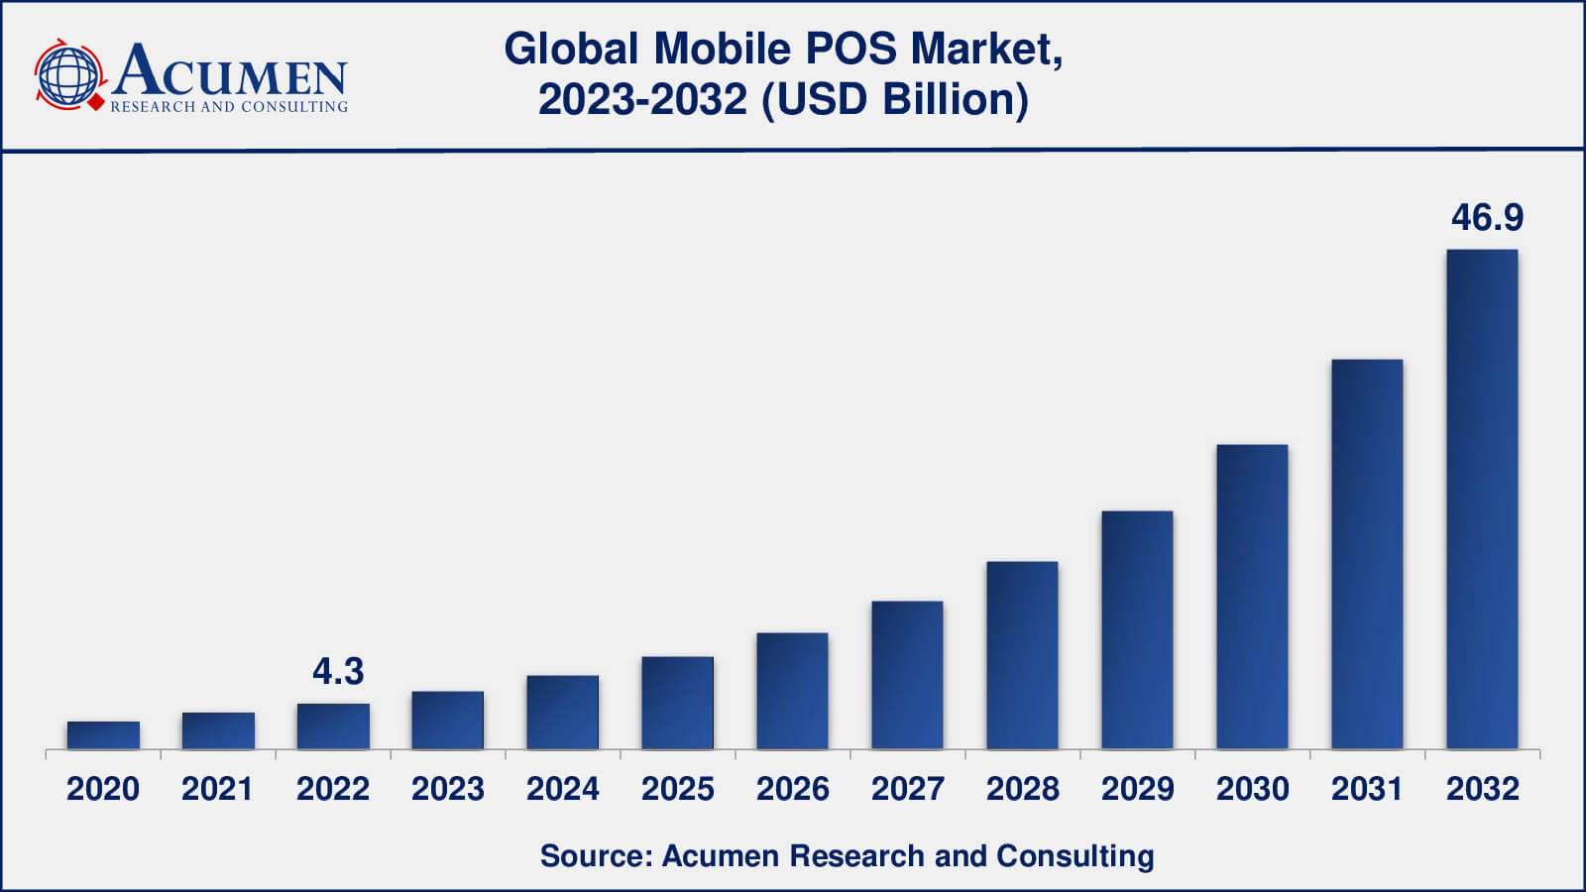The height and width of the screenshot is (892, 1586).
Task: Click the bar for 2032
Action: (1482, 500)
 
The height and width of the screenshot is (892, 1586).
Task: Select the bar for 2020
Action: (103, 735)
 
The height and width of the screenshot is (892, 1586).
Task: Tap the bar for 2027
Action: (907, 675)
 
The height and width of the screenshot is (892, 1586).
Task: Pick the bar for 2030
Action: (1252, 597)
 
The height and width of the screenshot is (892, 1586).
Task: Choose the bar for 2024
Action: (562, 713)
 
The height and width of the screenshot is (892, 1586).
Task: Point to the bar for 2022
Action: (333, 726)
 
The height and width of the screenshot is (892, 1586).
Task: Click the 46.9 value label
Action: (1487, 218)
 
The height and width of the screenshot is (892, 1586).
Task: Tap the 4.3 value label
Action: (338, 672)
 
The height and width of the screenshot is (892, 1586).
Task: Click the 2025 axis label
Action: (677, 789)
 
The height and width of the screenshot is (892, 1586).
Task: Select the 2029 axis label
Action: (1137, 789)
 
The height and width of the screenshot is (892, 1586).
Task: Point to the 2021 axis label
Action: (217, 789)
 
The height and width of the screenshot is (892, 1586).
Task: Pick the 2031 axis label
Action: (1367, 789)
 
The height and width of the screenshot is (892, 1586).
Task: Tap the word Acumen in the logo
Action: (230, 71)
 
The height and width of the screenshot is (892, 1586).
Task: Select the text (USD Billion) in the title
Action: (895, 100)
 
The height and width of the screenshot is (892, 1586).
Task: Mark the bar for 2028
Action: (1022, 655)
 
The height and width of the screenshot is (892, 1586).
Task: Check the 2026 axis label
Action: (792, 789)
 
